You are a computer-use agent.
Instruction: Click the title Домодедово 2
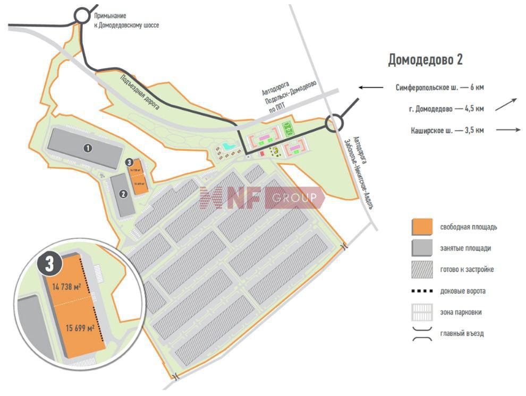pos(425,59)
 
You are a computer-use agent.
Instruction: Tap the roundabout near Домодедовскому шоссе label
pos(82,15)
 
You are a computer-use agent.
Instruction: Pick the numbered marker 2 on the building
pos(123,194)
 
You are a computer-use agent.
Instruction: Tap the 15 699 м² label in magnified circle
pos(80,328)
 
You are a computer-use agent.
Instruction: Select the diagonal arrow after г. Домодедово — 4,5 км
pos(506,105)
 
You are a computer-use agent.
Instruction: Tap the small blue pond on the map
pos(228,146)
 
